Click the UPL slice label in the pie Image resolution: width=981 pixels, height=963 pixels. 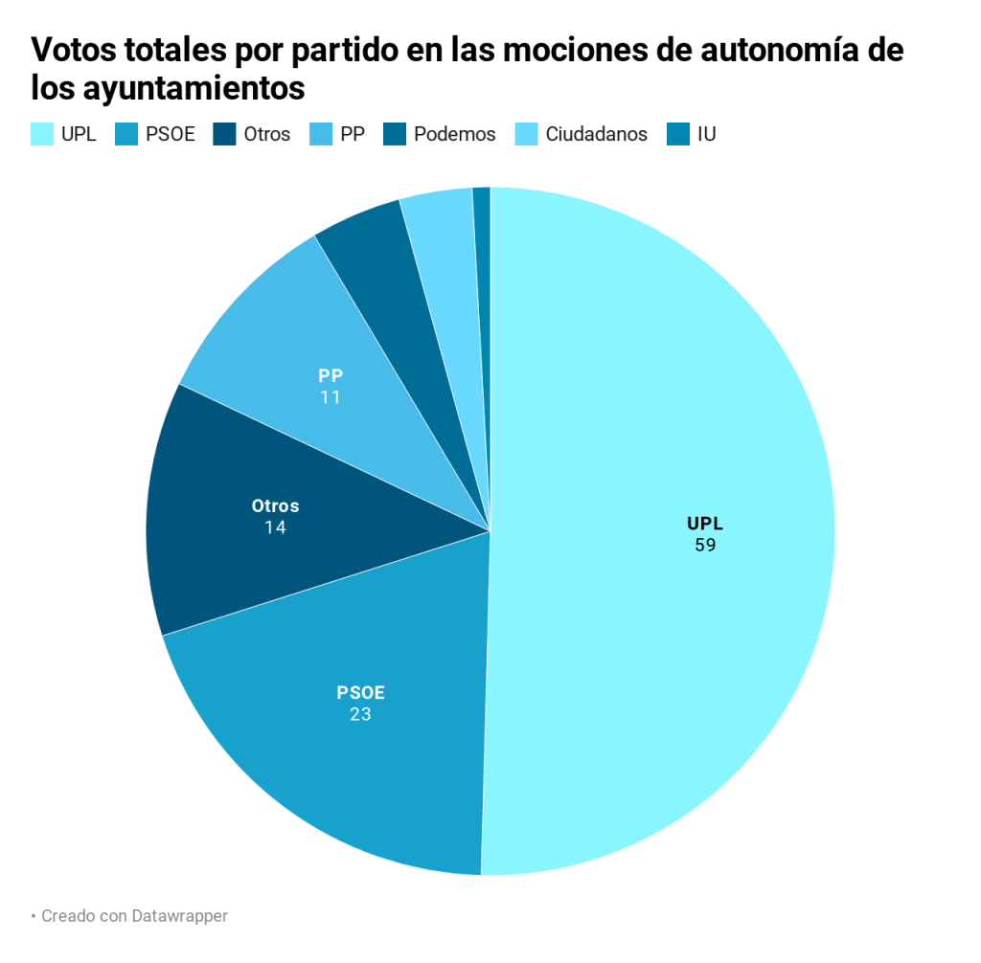[705, 524]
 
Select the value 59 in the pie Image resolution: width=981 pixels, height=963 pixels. [706, 546]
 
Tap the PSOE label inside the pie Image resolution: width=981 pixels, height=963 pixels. [360, 692]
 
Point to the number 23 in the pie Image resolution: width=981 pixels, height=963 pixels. [360, 714]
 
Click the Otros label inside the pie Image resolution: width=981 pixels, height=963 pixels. [275, 505]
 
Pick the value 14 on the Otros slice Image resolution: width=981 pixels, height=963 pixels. [275, 527]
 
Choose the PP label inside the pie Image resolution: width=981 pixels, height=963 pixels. [331, 375]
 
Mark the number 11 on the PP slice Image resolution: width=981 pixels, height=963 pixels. [331, 397]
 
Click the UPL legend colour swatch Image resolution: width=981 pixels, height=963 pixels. [41, 134]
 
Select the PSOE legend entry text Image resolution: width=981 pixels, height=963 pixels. [171, 134]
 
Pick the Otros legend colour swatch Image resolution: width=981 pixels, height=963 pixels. [223, 134]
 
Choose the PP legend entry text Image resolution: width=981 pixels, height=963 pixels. [353, 134]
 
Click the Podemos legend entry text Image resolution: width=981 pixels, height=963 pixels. [454, 134]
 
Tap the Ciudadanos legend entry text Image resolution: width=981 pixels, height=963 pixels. [596, 134]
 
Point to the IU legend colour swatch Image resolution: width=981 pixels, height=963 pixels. [677, 134]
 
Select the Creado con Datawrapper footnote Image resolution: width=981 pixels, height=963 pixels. [133, 916]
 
